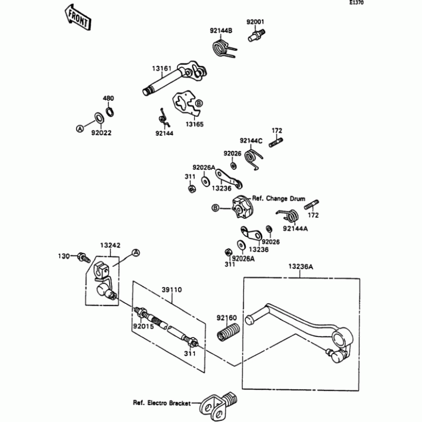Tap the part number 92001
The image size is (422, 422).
(x=256, y=22)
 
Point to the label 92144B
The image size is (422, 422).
(x=222, y=31)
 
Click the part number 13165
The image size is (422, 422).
(x=194, y=124)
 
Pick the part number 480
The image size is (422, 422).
(x=108, y=99)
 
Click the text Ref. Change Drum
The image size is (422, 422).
(x=279, y=199)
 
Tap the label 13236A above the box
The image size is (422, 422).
(x=301, y=267)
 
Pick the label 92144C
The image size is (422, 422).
(x=251, y=141)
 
